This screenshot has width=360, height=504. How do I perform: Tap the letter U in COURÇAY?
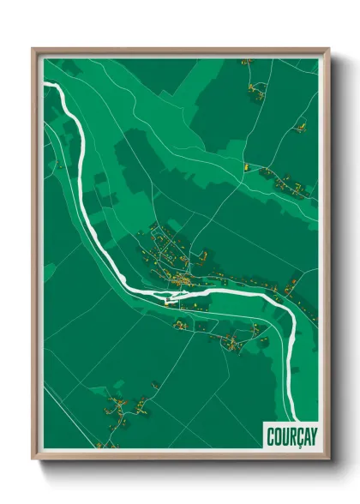pos(279,434)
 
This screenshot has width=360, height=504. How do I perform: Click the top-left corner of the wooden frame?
pos(33,49)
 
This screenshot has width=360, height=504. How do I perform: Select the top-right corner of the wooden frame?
pos(328,49)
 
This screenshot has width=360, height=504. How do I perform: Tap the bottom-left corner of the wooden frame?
pos(33,459)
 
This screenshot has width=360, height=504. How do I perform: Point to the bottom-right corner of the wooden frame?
pos(328,459)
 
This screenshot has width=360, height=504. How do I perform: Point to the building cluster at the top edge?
pos(249,62)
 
